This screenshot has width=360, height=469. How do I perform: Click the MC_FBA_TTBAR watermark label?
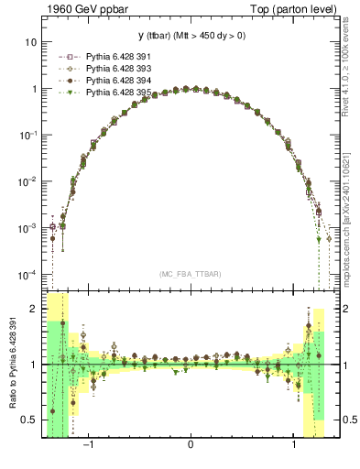[190, 275]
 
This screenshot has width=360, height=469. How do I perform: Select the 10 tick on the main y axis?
[30, 42]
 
